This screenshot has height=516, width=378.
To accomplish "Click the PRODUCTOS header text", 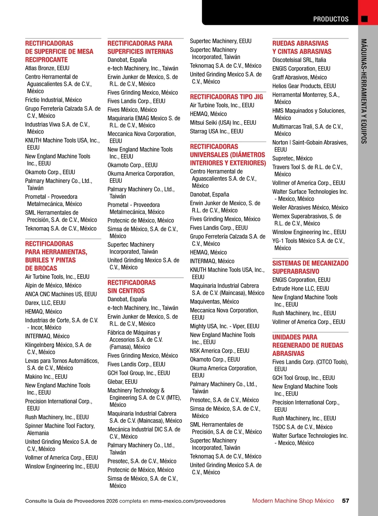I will point(331,19).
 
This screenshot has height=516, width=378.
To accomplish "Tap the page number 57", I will point(346,501).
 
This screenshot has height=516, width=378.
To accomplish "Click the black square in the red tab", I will point(364,19).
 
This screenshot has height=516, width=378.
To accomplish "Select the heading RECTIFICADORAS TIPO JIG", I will point(226,97).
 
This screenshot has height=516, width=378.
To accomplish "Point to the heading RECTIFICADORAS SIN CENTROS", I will point(131,287).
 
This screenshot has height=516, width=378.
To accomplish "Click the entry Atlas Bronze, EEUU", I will point(47,68).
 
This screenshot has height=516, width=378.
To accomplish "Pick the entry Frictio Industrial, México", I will point(53,100).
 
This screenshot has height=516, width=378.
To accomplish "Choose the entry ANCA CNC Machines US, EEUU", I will point(61,294).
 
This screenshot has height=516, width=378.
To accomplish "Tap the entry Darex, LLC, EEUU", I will point(45,303).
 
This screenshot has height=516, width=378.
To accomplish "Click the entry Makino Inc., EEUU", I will point(46,376).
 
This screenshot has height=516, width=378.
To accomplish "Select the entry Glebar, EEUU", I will point(123,381).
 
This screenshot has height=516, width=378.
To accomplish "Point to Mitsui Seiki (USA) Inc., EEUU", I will point(223,123).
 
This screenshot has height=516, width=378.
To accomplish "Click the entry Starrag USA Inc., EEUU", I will point(216,131).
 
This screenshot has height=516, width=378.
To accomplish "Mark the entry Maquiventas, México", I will point(214,301).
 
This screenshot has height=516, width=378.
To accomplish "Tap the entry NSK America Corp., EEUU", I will point(219,351).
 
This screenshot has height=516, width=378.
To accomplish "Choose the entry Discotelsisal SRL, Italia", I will point(299,60).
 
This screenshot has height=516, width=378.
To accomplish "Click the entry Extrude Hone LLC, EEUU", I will point(301,289).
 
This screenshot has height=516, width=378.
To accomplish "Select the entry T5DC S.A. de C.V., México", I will point(302,427).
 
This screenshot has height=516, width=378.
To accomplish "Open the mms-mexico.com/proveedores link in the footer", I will point(187,501).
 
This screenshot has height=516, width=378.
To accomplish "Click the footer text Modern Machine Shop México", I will point(293,501).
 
